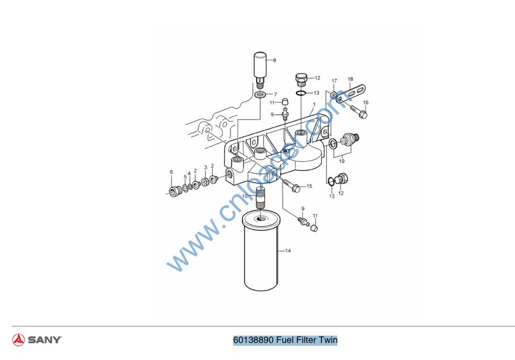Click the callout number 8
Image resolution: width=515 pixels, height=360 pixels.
click(x=275, y=60)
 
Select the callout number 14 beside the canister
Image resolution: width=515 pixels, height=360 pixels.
click(x=288, y=251)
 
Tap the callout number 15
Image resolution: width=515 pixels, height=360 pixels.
click(x=309, y=186)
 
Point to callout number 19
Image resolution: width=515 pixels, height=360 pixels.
click(x=342, y=161)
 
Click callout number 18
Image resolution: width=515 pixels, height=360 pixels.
click(x=350, y=79)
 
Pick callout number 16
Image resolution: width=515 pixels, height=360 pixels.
click(x=366, y=102)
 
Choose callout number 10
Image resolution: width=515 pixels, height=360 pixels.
click(x=245, y=196)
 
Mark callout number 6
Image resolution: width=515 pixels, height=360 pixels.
click(x=171, y=172)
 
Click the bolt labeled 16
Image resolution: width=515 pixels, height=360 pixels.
click(x=359, y=112)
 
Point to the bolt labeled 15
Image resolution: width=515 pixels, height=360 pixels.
click(x=291, y=186)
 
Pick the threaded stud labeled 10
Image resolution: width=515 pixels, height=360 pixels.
click(x=261, y=198)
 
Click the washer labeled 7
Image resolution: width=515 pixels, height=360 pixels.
click(x=261, y=95)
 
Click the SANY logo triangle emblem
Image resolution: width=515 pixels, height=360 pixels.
click(x=18, y=340)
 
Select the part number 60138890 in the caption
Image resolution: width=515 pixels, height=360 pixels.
click(x=253, y=340)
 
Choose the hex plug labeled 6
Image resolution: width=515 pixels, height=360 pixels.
click(x=174, y=191)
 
